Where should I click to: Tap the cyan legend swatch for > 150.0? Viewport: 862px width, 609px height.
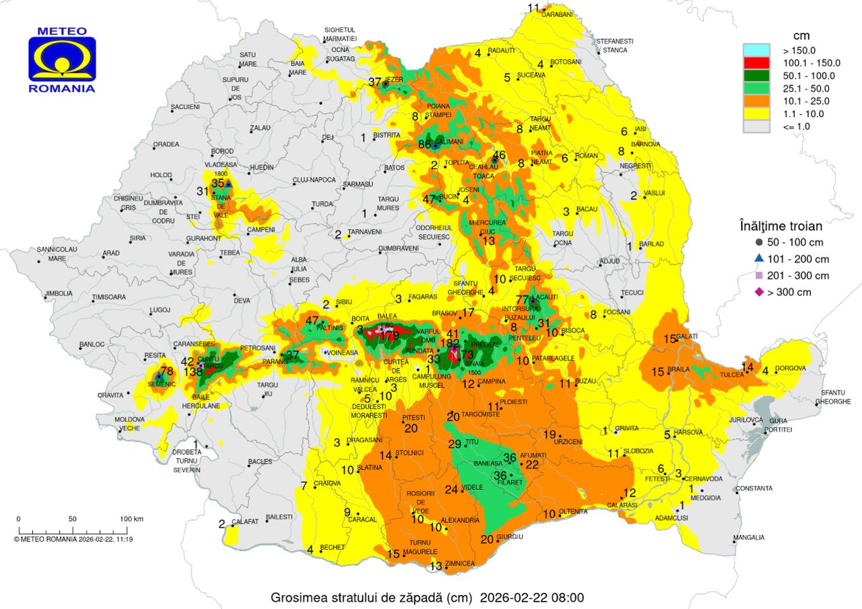756,50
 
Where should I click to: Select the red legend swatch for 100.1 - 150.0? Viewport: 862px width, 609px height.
756,63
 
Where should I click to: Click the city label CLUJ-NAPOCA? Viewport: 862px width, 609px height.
313,180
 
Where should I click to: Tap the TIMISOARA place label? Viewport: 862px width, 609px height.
109,297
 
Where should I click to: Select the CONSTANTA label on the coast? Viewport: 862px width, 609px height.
754,488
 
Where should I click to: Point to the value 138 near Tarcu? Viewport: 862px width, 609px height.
193,371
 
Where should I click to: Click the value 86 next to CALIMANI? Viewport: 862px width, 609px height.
424,144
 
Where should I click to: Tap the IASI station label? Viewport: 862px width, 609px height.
640,129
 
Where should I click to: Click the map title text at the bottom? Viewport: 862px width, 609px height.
427,597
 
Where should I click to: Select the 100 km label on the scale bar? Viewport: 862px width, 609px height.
132,519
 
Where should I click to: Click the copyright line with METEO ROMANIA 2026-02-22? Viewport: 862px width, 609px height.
73,538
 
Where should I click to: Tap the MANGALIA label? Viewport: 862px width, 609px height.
749,538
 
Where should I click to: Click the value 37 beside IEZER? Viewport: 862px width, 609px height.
374,82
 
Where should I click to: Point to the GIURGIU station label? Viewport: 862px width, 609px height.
511,537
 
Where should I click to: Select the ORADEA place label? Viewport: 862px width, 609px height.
166,144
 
